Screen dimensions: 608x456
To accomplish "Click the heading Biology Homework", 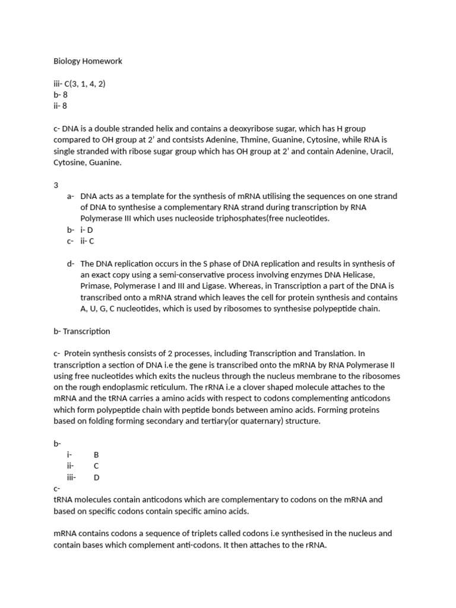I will click(88, 61).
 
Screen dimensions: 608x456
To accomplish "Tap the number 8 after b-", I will click(65, 95).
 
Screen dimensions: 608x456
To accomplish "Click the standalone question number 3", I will click(56, 185).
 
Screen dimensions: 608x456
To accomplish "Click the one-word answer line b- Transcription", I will click(81, 331).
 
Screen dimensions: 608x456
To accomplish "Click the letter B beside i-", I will click(96, 455).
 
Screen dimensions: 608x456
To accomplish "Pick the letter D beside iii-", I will click(97, 477).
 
